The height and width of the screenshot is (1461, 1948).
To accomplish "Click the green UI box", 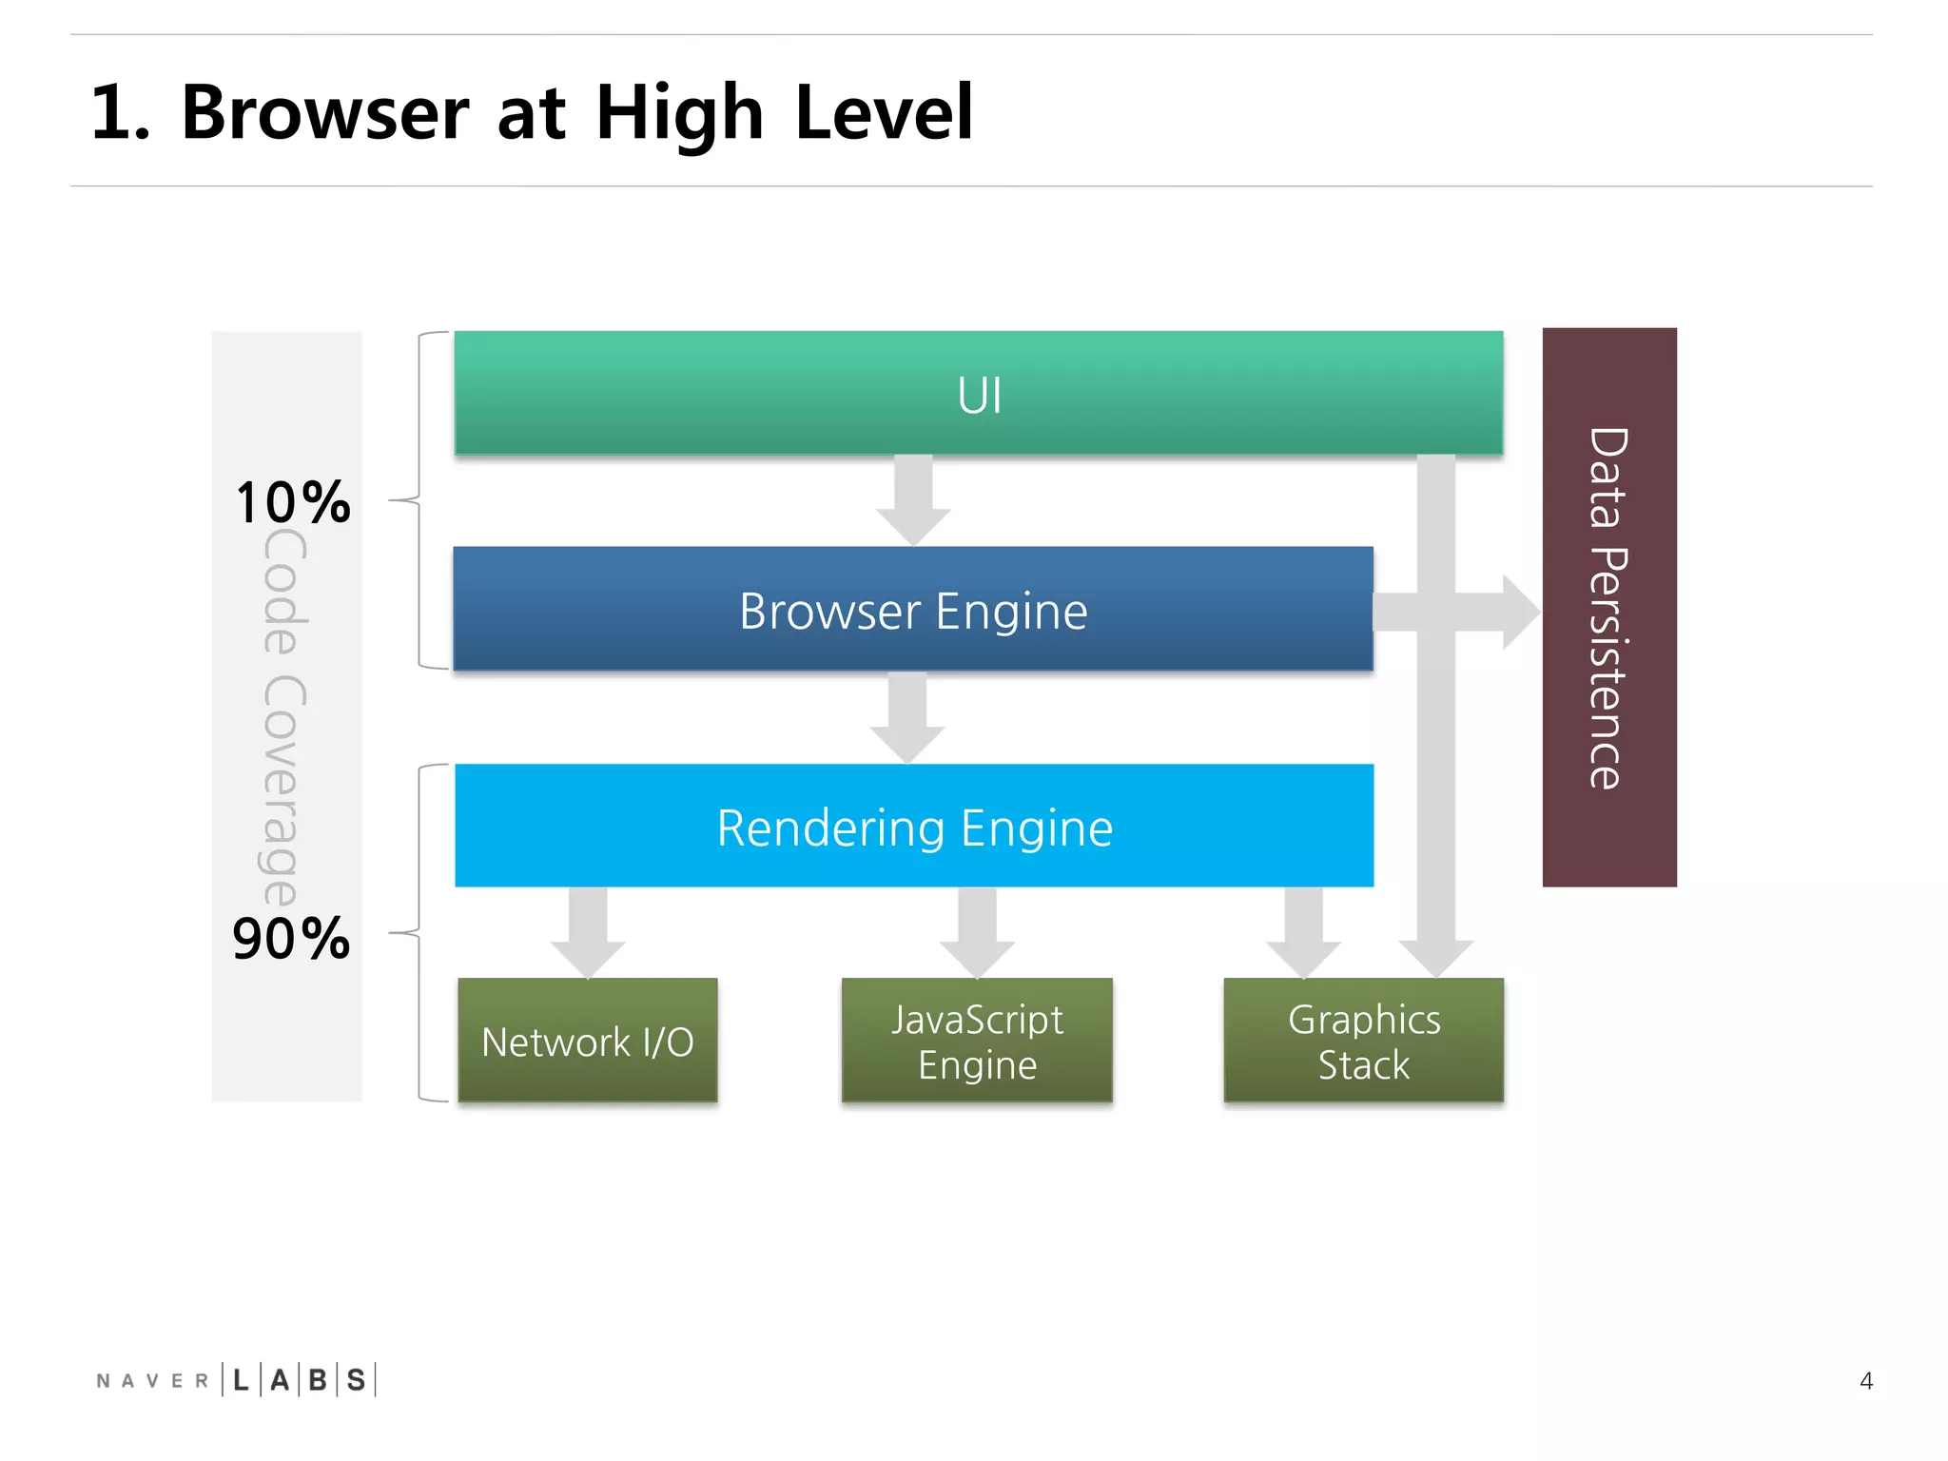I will pos(978,393).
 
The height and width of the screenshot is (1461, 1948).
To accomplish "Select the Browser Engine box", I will pos(913,610).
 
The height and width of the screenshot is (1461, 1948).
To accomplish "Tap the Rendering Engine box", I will pos(913,826).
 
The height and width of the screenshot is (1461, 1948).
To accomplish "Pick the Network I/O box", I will pos(588,1041).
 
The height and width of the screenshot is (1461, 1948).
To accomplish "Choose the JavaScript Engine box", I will pos(977,1041).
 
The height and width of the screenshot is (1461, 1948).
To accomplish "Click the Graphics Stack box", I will pos(1363,1041).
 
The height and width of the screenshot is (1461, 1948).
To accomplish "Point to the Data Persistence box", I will pos(1609,608).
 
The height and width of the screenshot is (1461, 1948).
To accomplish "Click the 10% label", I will pos(293,502).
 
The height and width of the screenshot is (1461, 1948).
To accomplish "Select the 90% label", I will pos(291,939).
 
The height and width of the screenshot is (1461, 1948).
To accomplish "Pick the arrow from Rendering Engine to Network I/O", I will pos(588,933).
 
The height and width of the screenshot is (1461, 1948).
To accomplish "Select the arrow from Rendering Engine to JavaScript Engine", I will pos(977,933).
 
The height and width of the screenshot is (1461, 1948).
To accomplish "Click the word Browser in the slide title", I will pos(325,113).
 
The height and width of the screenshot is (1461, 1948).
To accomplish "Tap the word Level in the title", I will pos(884,113).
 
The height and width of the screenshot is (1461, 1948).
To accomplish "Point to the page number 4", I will pos(1865,1380).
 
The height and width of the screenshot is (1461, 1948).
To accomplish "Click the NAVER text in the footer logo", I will pos(152,1380).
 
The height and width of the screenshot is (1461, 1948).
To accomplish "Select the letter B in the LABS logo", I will pos(318,1380).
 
